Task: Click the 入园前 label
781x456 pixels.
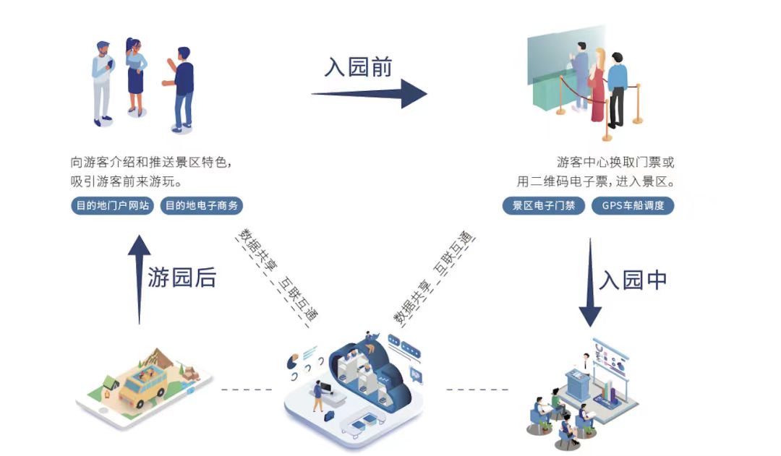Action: pyautogui.click(x=359, y=67)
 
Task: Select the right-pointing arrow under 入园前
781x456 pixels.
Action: pyautogui.click(x=369, y=94)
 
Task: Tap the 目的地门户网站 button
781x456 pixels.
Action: pyautogui.click(x=114, y=206)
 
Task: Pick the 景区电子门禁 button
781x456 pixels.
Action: pyautogui.click(x=544, y=206)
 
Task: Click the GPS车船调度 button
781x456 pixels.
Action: pyautogui.click(x=633, y=206)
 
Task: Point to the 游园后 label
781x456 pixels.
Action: pyautogui.click(x=182, y=278)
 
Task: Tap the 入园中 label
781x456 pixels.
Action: pyautogui.click(x=633, y=280)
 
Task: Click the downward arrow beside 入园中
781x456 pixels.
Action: pyautogui.click(x=590, y=282)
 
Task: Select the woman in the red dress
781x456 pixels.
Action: pyautogui.click(x=597, y=87)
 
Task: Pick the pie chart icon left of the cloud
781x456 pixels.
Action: pyautogui.click(x=294, y=359)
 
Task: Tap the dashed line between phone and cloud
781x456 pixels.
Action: pyautogui.click(x=247, y=390)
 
